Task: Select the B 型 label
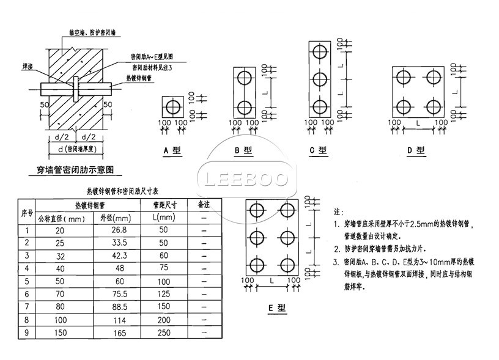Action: [x=243, y=150]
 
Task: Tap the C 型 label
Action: [x=319, y=150]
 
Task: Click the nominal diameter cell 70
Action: [x=59, y=293]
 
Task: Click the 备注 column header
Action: [x=203, y=204]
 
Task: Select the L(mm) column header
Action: [x=164, y=217]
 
